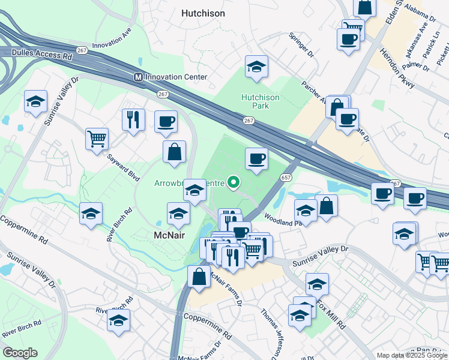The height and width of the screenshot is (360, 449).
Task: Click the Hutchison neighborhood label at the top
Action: pyautogui.click(x=203, y=13)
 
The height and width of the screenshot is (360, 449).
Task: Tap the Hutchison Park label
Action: pyautogui.click(x=260, y=101)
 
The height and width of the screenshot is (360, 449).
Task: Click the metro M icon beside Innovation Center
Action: pyautogui.click(x=138, y=77)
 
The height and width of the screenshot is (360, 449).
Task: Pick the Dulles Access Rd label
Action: pyautogui.click(x=42, y=54)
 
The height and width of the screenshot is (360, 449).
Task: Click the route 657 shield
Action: pyautogui.click(x=286, y=178)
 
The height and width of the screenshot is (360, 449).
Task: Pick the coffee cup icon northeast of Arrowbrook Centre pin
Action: pyautogui.click(x=256, y=158)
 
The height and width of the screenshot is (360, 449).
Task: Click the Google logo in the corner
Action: pyautogui.click(x=20, y=353)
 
